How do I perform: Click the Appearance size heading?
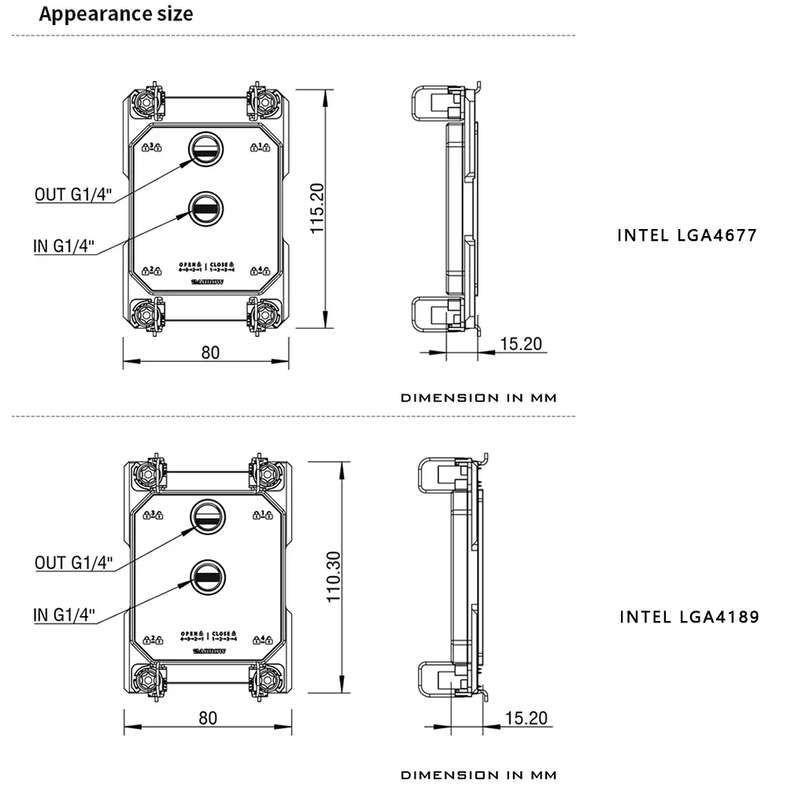116,14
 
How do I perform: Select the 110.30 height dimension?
333,577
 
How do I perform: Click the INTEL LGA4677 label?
687,235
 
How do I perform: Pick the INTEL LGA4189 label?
689,616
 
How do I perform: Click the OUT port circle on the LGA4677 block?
205,148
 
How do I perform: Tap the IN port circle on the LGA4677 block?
205,209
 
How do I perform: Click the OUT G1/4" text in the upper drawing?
73,195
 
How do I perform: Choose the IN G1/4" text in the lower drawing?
65,615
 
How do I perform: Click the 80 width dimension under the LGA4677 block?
210,352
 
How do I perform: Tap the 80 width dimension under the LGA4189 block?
208,718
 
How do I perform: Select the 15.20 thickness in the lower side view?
526,718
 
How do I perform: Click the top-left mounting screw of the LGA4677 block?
148,101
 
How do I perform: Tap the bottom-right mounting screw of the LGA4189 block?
268,678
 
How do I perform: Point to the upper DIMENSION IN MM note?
478,397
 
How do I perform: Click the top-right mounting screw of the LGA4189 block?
268,473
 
